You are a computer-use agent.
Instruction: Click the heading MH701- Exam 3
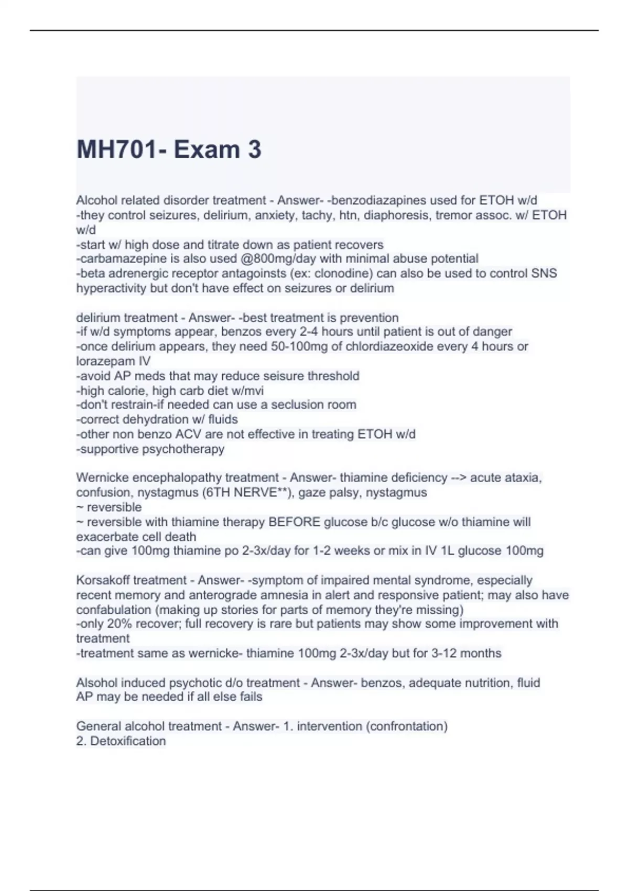pos(169,150)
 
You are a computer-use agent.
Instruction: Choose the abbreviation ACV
pos(190,434)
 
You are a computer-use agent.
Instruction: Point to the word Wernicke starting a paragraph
pos(103,477)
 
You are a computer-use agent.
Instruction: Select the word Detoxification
pos(128,741)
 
